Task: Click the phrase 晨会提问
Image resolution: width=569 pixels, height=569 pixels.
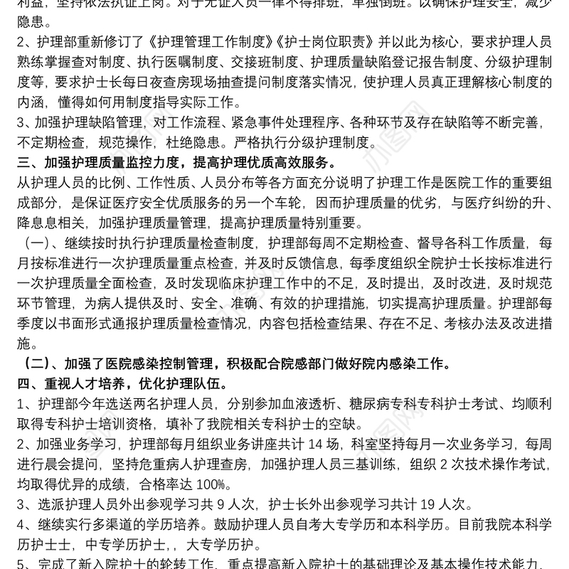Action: (x=76, y=466)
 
